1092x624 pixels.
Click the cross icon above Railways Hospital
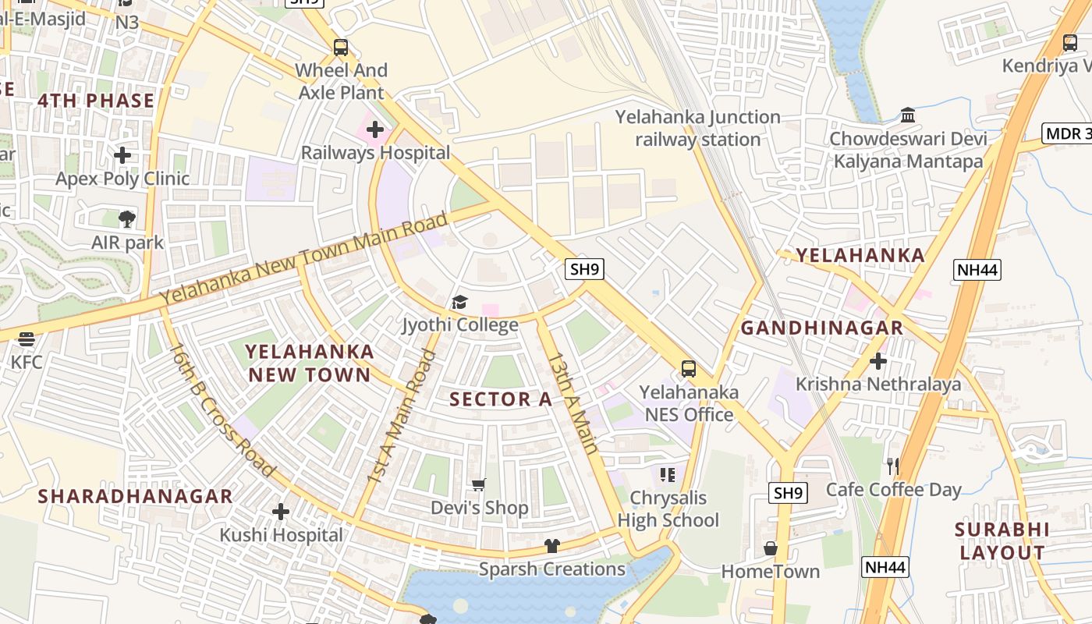pos(375,129)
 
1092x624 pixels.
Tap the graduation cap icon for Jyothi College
pos(459,302)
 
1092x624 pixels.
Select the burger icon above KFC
pos(27,339)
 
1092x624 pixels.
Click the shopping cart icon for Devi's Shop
pos(479,485)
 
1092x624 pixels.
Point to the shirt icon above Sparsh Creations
pos(551,546)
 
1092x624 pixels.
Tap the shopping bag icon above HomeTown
pos(770,548)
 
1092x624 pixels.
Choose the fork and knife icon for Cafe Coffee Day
pos(893,466)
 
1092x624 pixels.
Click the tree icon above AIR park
pos(127,219)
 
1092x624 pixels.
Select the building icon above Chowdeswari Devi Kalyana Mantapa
pos(908,115)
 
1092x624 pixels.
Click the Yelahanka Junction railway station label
pos(697,129)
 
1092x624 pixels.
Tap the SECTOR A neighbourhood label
pos(501,399)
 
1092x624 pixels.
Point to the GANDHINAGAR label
pos(821,328)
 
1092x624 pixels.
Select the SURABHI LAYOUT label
pos(1002,541)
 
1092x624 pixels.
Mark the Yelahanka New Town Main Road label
pos(304,258)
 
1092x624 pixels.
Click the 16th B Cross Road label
pos(222,409)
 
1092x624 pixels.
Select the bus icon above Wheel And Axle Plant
pos(341,47)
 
